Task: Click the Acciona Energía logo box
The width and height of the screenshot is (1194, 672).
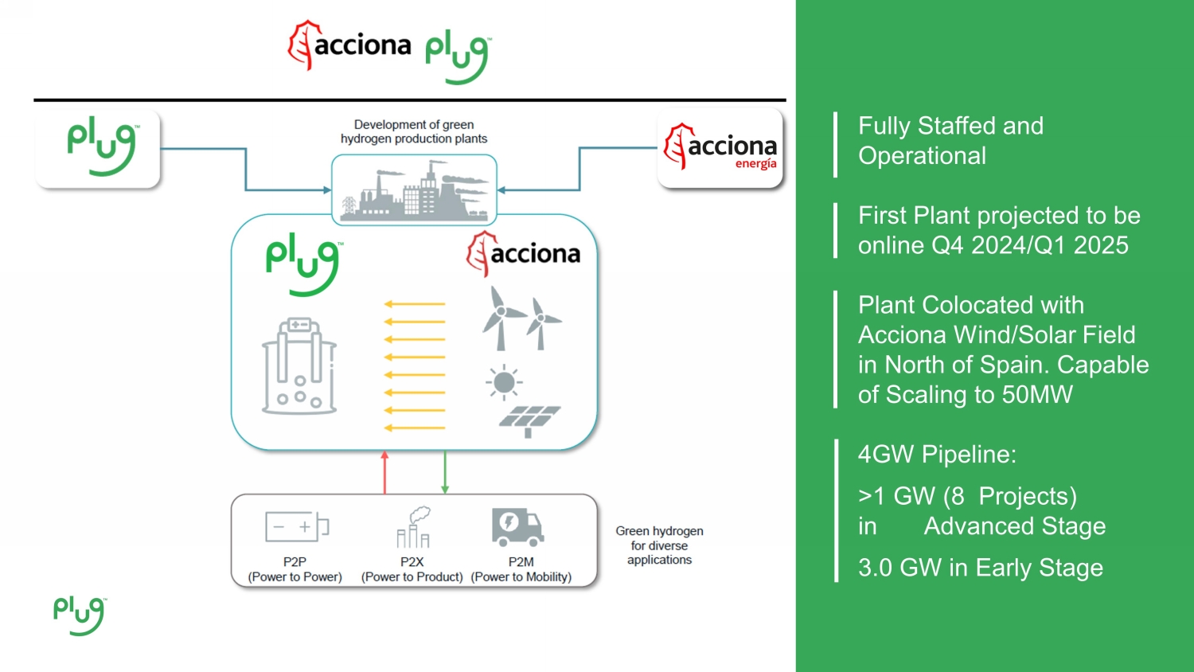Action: tap(720, 149)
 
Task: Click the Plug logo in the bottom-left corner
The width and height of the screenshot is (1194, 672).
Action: tap(79, 615)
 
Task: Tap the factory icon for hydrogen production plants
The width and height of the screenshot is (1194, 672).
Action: tap(414, 191)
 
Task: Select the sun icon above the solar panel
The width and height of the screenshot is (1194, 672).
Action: tap(503, 382)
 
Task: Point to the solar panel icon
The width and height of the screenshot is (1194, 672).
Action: tap(529, 420)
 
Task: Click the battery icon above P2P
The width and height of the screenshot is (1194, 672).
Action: tap(296, 526)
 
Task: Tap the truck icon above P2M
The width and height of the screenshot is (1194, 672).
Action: tap(517, 526)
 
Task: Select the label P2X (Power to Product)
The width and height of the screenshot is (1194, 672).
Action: tap(412, 569)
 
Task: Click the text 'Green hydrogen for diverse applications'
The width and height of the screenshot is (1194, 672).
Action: tap(659, 545)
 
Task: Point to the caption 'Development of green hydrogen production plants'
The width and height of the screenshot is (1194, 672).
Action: tap(414, 131)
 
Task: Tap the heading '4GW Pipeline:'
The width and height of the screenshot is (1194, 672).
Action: tap(937, 455)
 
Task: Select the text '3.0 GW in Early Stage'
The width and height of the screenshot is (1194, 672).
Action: tap(980, 568)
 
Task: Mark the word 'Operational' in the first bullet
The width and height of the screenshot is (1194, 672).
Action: tap(922, 156)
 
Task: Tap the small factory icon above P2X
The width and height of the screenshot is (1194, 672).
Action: tap(414, 527)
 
